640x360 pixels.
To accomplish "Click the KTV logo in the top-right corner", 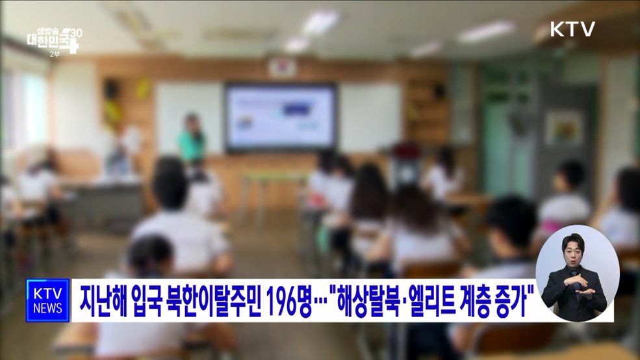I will (572, 29).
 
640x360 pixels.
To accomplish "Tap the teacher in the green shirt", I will (192, 140).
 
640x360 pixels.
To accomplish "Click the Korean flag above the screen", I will (281, 66).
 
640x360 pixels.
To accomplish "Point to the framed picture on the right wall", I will (563, 127).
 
